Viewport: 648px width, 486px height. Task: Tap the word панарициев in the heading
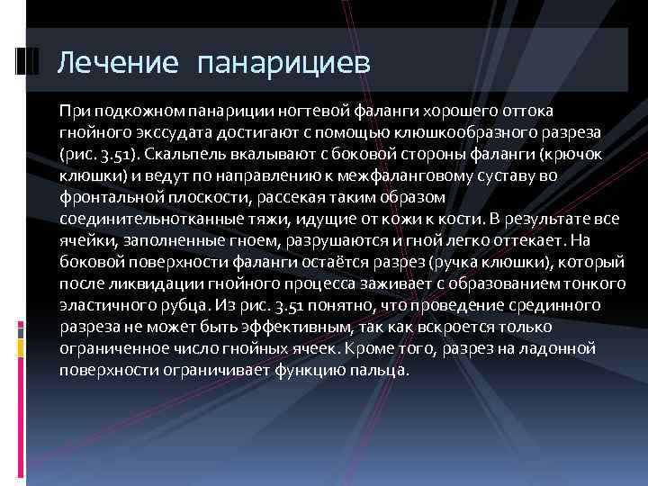282,63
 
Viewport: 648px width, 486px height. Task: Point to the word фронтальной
106,196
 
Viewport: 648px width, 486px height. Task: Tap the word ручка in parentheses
449,262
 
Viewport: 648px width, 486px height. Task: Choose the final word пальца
382,371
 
